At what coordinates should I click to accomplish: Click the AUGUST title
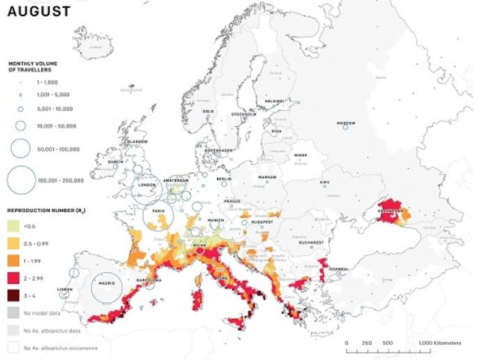tap(38, 11)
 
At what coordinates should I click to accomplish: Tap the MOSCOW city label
tap(346, 123)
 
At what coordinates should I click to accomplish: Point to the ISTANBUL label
tap(339, 268)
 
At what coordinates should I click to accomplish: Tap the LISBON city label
tap(65, 289)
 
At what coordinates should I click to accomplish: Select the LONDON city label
tap(146, 184)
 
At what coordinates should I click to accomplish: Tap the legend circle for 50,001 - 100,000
tap(20, 149)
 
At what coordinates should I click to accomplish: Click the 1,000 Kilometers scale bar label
tap(440, 343)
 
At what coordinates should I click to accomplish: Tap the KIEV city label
tap(324, 182)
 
